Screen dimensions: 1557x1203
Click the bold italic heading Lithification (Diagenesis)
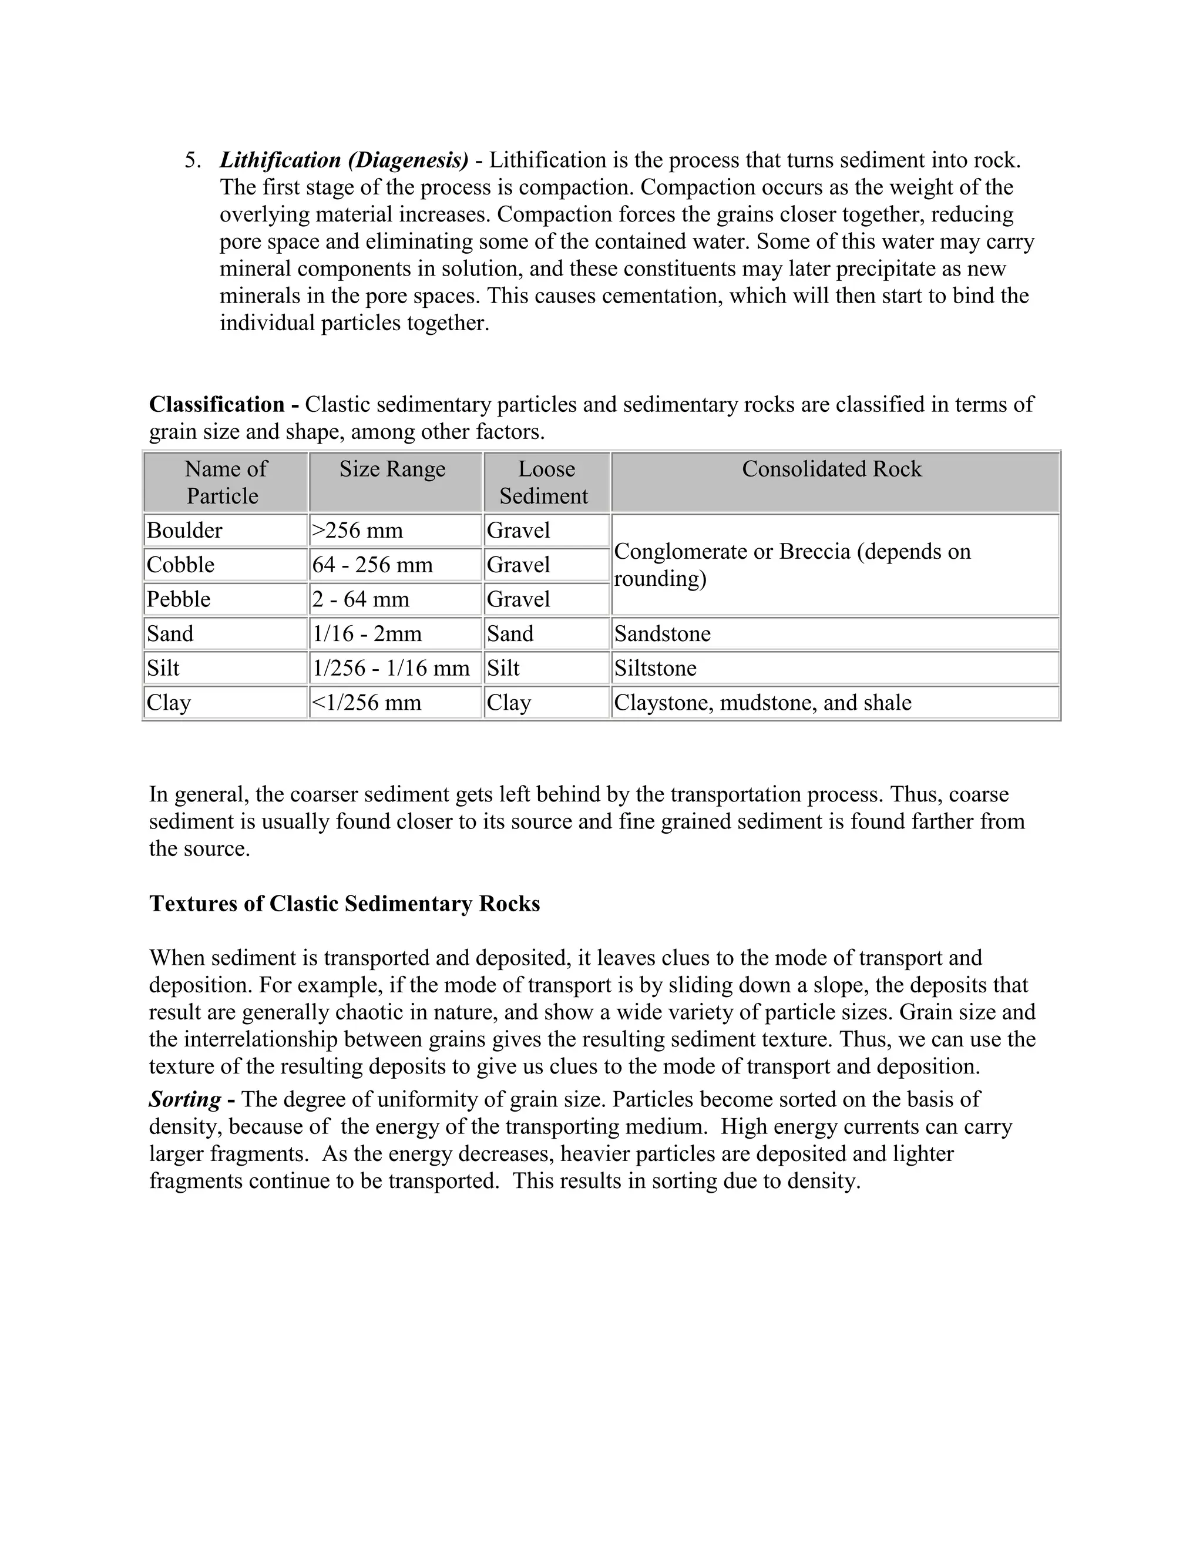click(x=344, y=160)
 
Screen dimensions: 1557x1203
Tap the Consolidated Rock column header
click(x=831, y=469)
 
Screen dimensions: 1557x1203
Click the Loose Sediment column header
click(x=545, y=482)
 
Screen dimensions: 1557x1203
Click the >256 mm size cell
click(x=358, y=531)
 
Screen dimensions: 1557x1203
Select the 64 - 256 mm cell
click(x=373, y=565)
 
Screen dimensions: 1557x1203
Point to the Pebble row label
click(x=179, y=599)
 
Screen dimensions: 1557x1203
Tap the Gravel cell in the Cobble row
click(x=519, y=565)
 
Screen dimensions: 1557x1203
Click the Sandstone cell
click(x=663, y=634)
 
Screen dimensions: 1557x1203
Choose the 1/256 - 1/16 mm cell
click(x=391, y=668)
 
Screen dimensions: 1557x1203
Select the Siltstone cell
click(x=656, y=668)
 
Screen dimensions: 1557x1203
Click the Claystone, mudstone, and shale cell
click(x=762, y=703)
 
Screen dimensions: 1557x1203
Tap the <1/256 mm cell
click(x=367, y=703)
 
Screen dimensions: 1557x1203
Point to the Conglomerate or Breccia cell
click(x=791, y=565)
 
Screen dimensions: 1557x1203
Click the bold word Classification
click(x=217, y=405)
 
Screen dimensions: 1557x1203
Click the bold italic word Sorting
click(x=185, y=1099)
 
